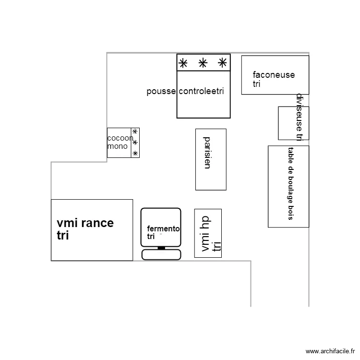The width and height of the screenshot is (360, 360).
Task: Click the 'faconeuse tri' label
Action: (x=273, y=79)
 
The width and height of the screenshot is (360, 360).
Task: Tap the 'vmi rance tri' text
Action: (x=85, y=229)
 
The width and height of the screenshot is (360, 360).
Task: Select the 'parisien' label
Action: (x=207, y=153)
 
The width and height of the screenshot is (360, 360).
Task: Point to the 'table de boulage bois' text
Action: (x=290, y=183)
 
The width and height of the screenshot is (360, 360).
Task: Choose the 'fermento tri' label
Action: (x=163, y=232)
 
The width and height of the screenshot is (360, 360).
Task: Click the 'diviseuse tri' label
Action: (x=299, y=118)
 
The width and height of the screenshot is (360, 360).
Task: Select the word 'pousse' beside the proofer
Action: (x=161, y=91)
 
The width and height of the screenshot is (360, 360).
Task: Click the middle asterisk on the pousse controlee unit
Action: (x=203, y=62)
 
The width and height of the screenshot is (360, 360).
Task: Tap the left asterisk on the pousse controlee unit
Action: (x=183, y=62)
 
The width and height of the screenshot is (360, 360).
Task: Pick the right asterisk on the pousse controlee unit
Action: (x=222, y=62)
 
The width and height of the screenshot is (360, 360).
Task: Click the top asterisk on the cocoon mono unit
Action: (x=135, y=132)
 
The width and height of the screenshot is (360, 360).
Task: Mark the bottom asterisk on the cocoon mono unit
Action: (x=135, y=153)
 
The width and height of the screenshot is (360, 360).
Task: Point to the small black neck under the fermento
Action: (x=161, y=248)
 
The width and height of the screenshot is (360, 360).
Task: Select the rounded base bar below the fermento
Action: (x=161, y=254)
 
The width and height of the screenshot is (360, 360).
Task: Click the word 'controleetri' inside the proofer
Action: (x=201, y=91)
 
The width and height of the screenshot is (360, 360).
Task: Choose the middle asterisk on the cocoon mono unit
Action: (x=135, y=142)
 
